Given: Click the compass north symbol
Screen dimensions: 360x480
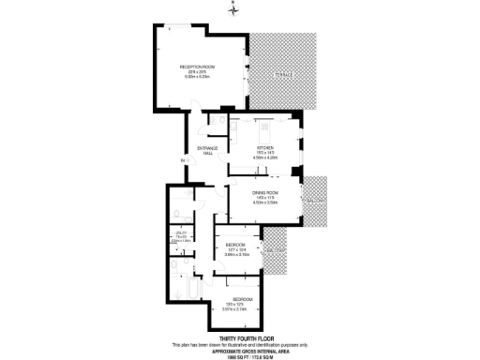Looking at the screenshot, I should pos(234,10).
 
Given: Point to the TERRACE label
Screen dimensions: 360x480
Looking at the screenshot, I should pos(284,75).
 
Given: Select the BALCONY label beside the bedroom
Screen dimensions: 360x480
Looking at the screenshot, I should pos(274,251).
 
